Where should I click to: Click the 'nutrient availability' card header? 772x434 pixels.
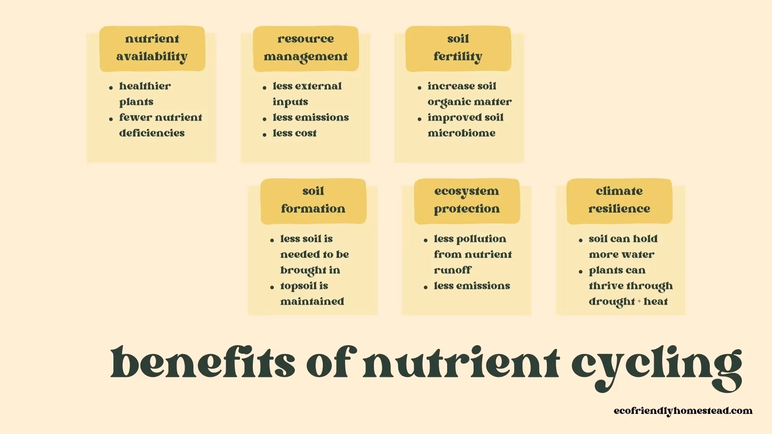click(152, 48)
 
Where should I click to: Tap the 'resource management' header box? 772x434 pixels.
click(306, 48)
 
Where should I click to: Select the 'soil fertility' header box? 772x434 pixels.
click(458, 48)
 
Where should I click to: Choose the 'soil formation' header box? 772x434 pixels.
click(313, 201)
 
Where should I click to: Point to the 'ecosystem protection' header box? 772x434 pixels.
click(466, 201)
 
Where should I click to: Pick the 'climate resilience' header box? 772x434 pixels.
click(619, 201)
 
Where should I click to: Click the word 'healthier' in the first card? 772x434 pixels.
click(145, 86)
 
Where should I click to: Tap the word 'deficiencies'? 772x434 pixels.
click(152, 133)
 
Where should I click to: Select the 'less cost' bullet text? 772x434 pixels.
click(294, 133)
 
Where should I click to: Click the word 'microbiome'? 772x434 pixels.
click(461, 133)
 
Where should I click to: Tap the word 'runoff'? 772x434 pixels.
click(452, 270)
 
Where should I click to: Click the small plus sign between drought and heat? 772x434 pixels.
click(639, 301)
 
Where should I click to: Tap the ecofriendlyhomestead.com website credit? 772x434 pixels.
click(683, 411)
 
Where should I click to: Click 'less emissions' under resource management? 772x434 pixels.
click(310, 117)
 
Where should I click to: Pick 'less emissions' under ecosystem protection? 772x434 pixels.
click(472, 286)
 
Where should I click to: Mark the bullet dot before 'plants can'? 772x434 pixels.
click(581, 272)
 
